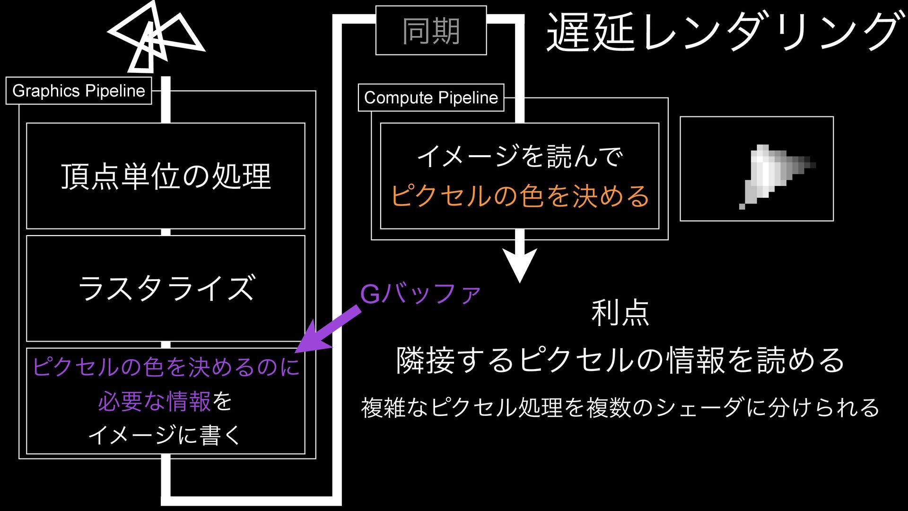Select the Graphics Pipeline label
[79, 90]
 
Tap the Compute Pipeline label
[431, 97]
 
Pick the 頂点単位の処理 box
[166, 176]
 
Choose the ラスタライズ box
[166, 288]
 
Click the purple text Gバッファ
[420, 294]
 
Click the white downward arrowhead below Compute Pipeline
[520, 265]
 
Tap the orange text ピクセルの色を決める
[520, 196]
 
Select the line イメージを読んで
[520, 157]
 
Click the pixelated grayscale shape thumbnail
[757, 169]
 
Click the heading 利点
[620, 313]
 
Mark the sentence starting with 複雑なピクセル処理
[620, 407]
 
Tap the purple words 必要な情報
[154, 402]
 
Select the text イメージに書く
[166, 435]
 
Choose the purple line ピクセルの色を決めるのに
[166, 367]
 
